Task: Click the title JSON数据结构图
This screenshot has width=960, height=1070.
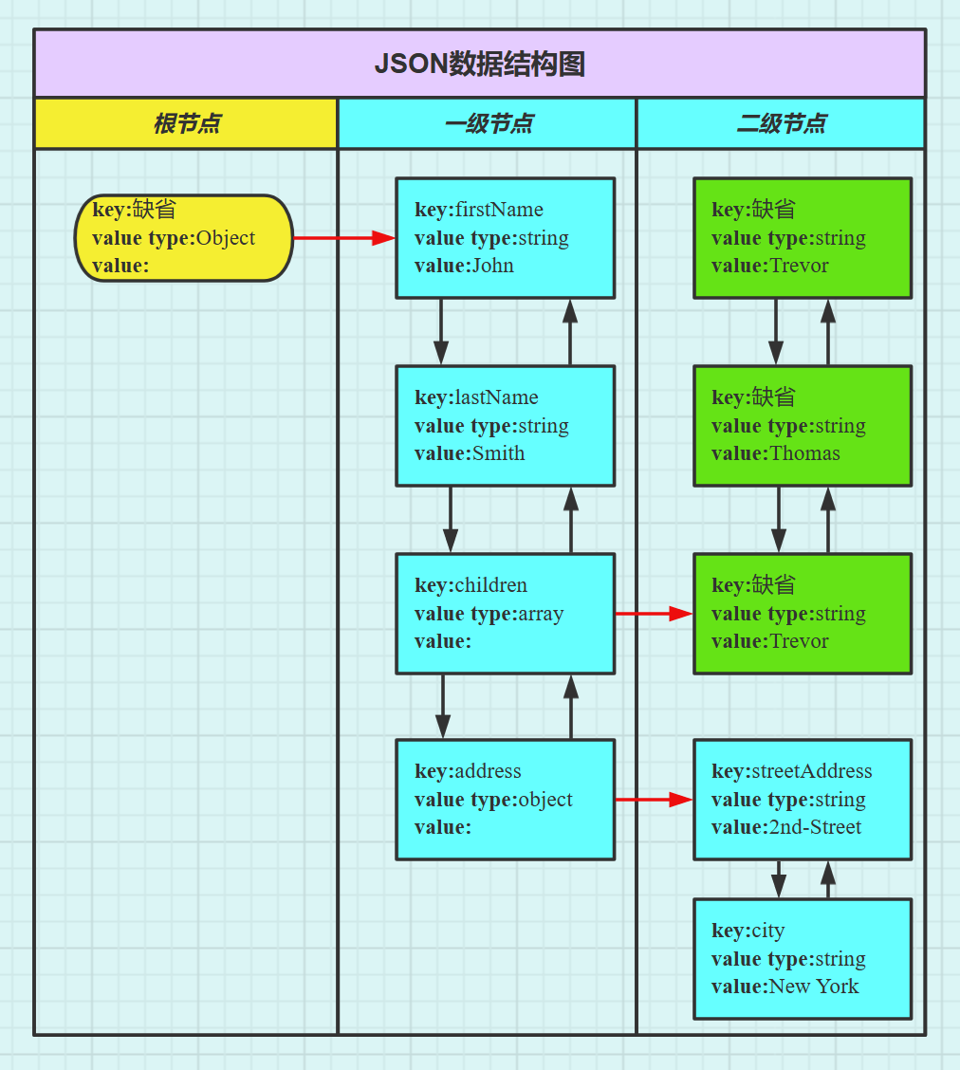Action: click(x=479, y=65)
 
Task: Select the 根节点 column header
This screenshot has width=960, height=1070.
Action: click(x=186, y=123)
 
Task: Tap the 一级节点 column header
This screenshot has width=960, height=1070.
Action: click(x=488, y=123)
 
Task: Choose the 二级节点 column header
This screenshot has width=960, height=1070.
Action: click(x=781, y=123)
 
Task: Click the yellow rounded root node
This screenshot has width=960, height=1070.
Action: click(x=183, y=238)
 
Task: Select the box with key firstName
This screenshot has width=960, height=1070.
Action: click(x=505, y=238)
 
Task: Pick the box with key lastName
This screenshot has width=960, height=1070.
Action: click(x=505, y=426)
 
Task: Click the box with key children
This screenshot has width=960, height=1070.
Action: click(x=505, y=614)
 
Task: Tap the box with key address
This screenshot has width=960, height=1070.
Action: click(x=505, y=800)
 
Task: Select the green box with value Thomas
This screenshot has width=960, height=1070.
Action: click(x=803, y=426)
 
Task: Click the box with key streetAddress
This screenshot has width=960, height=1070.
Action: click(x=803, y=800)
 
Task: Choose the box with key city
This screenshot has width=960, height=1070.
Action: click(x=803, y=959)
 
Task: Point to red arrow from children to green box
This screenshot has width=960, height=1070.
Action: click(x=654, y=614)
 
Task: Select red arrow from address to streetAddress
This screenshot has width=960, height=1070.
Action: click(x=654, y=800)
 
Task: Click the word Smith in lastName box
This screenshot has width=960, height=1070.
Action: click(x=498, y=453)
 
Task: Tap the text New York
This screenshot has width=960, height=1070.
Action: click(x=814, y=987)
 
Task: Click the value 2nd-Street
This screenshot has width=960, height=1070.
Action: click(x=815, y=827)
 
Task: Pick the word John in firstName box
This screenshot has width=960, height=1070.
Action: click(x=492, y=266)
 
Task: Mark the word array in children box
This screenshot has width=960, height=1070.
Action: click(x=541, y=614)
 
